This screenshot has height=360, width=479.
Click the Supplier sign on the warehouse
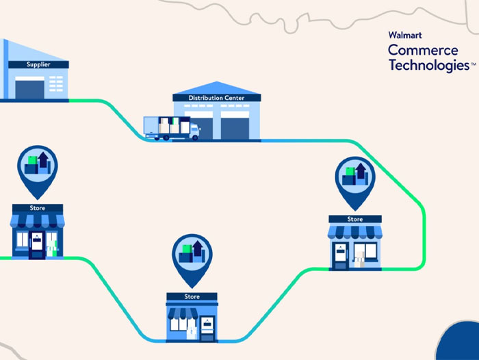38,64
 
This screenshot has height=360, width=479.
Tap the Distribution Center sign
216,98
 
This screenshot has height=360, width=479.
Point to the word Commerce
423,50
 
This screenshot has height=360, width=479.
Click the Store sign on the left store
38,207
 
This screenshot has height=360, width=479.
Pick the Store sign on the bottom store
192,297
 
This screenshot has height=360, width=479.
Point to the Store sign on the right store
354,219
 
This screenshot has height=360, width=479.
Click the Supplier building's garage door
29,88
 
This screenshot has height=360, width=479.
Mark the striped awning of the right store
354,231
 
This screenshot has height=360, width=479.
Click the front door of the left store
36,245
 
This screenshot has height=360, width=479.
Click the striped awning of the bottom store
192,309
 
